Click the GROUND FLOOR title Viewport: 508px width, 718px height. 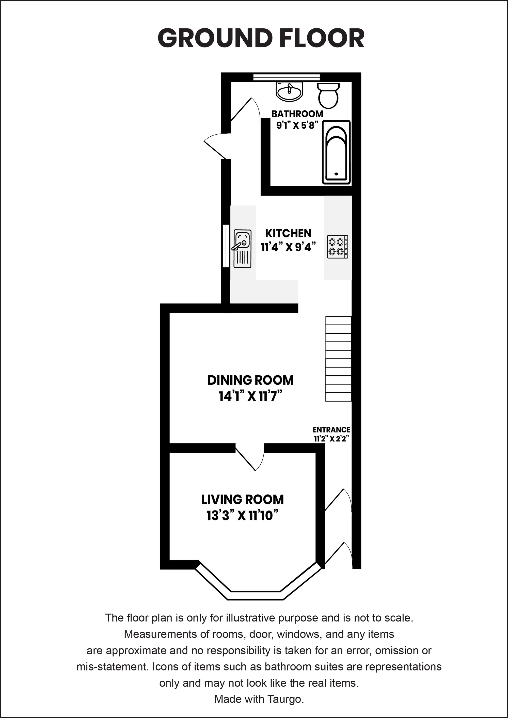pos(261,38)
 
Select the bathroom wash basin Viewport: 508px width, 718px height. pos(290,92)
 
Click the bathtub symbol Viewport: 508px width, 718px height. pos(336,152)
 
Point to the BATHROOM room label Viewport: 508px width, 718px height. pos(297,114)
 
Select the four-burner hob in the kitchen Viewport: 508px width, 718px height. pos(338,247)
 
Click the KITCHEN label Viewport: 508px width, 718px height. pos(288,233)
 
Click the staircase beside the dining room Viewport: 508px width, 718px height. pos(339,359)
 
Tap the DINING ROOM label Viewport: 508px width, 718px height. pos(250,380)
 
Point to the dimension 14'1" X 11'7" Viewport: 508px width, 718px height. pos(250,396)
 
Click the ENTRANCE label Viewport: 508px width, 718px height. pos(331,430)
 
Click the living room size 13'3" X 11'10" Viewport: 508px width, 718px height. pos(242,516)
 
